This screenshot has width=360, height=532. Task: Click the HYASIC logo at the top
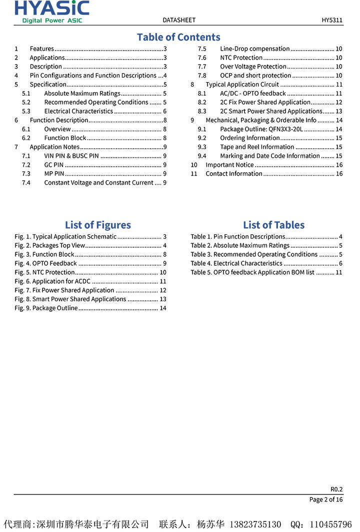coord(52,12)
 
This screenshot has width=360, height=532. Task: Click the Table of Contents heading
coord(178,37)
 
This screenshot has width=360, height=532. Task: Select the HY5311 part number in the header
coord(332,20)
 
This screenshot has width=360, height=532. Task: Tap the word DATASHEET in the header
coord(179,20)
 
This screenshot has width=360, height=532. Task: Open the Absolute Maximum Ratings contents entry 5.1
coord(82,93)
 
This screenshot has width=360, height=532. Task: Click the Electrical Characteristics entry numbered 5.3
coord(78,111)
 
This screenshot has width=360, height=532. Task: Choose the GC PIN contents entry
coord(54,165)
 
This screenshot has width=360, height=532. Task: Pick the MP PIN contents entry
coord(54,174)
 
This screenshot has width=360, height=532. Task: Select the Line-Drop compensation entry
coord(254,49)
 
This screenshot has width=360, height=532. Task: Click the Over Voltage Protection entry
coord(253,67)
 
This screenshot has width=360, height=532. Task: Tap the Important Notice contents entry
coord(229,165)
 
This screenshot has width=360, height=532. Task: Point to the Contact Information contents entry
coord(234,174)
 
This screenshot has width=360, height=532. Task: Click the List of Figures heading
coord(98,225)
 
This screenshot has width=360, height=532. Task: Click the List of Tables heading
coord(273,225)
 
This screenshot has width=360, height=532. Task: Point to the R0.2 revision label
coord(336,489)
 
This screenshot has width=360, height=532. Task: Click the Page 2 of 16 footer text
coord(326,499)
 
